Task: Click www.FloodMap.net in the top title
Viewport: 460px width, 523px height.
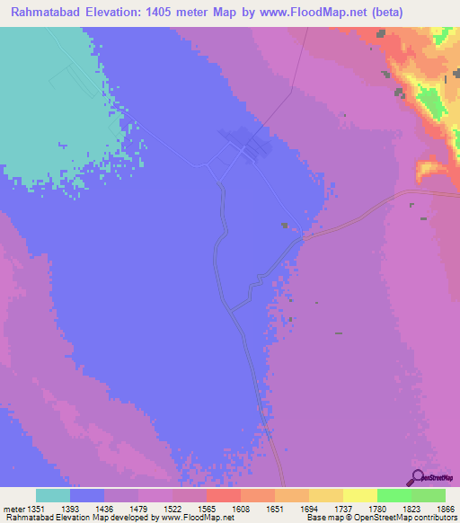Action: pos(303,13)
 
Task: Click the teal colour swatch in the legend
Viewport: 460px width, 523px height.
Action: pos(53,495)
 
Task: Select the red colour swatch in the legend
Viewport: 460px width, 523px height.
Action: pos(224,495)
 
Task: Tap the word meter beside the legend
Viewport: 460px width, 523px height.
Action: pos(13,508)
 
